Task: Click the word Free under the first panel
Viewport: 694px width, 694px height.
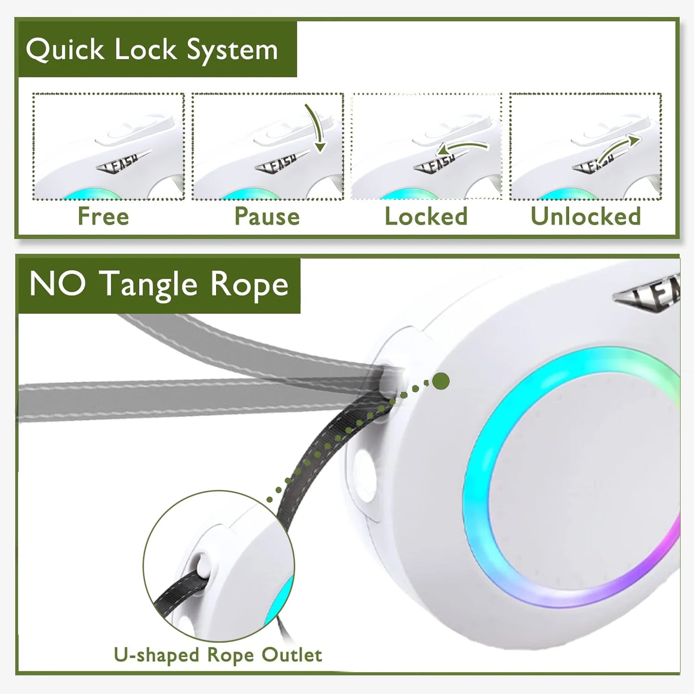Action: [x=103, y=217]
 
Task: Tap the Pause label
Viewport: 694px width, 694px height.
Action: [x=267, y=217]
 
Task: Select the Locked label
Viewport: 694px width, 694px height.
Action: [x=426, y=217]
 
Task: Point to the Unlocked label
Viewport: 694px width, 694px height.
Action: [x=585, y=217]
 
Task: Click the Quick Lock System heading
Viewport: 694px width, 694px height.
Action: [x=152, y=50]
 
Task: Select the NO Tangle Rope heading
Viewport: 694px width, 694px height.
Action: [x=158, y=284]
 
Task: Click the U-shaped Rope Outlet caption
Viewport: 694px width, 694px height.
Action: [x=218, y=655]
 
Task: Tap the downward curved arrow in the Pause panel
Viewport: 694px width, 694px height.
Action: [x=316, y=127]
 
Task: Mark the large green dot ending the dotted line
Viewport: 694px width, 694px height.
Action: [x=440, y=381]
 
